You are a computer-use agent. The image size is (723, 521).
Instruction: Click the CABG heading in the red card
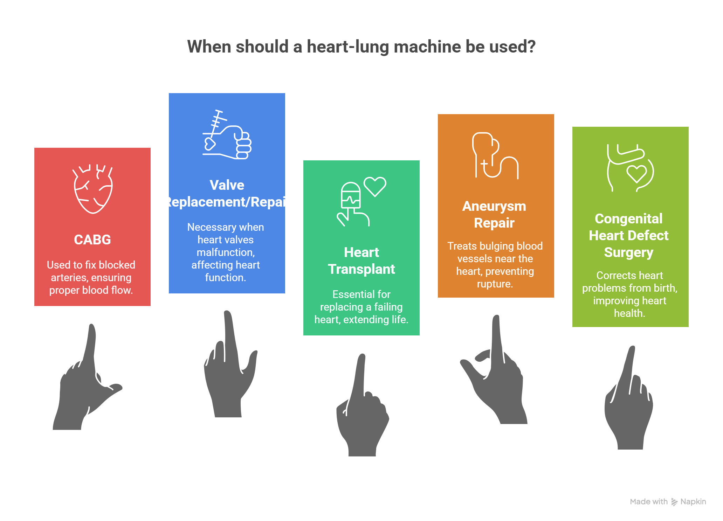click(92, 240)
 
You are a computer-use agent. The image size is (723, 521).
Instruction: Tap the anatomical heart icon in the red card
click(93, 189)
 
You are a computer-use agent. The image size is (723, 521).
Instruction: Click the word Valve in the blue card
click(227, 185)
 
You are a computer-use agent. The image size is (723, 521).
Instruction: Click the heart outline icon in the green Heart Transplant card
click(375, 186)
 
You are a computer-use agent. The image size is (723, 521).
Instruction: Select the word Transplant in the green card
click(361, 269)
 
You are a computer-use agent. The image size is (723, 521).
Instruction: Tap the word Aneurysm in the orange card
click(494, 206)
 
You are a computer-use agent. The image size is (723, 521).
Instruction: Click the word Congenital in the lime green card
click(628, 219)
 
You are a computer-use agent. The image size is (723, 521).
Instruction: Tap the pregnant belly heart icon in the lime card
click(630, 168)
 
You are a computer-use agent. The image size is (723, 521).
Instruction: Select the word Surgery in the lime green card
click(628, 252)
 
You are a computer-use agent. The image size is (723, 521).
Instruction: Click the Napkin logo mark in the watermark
click(674, 502)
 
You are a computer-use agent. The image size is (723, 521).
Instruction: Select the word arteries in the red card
click(69, 278)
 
